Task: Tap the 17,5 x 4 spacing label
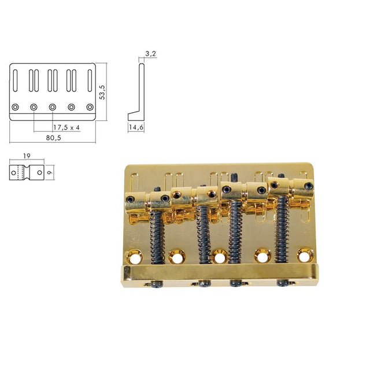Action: coord(66,127)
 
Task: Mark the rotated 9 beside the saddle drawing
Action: coord(51,171)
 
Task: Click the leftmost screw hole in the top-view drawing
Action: coord(16,107)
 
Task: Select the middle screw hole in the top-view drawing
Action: coord(53,107)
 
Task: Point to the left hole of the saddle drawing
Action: coord(15,172)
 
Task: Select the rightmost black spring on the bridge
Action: coord(282,225)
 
